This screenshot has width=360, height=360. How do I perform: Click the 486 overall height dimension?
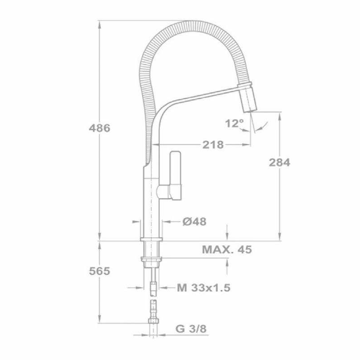[x=99, y=128]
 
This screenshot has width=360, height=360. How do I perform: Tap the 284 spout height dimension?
[x=280, y=162]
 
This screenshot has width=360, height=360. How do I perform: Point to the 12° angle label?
[x=234, y=123]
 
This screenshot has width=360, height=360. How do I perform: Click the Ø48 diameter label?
[x=194, y=221]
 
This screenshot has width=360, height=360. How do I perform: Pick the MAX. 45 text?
[x=226, y=249]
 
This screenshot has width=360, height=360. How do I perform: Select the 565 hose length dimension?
[x=99, y=271]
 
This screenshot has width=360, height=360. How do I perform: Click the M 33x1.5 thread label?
[x=203, y=288]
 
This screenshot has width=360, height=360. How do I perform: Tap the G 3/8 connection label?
[x=190, y=328]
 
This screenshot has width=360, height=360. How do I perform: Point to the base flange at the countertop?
[x=152, y=238]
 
